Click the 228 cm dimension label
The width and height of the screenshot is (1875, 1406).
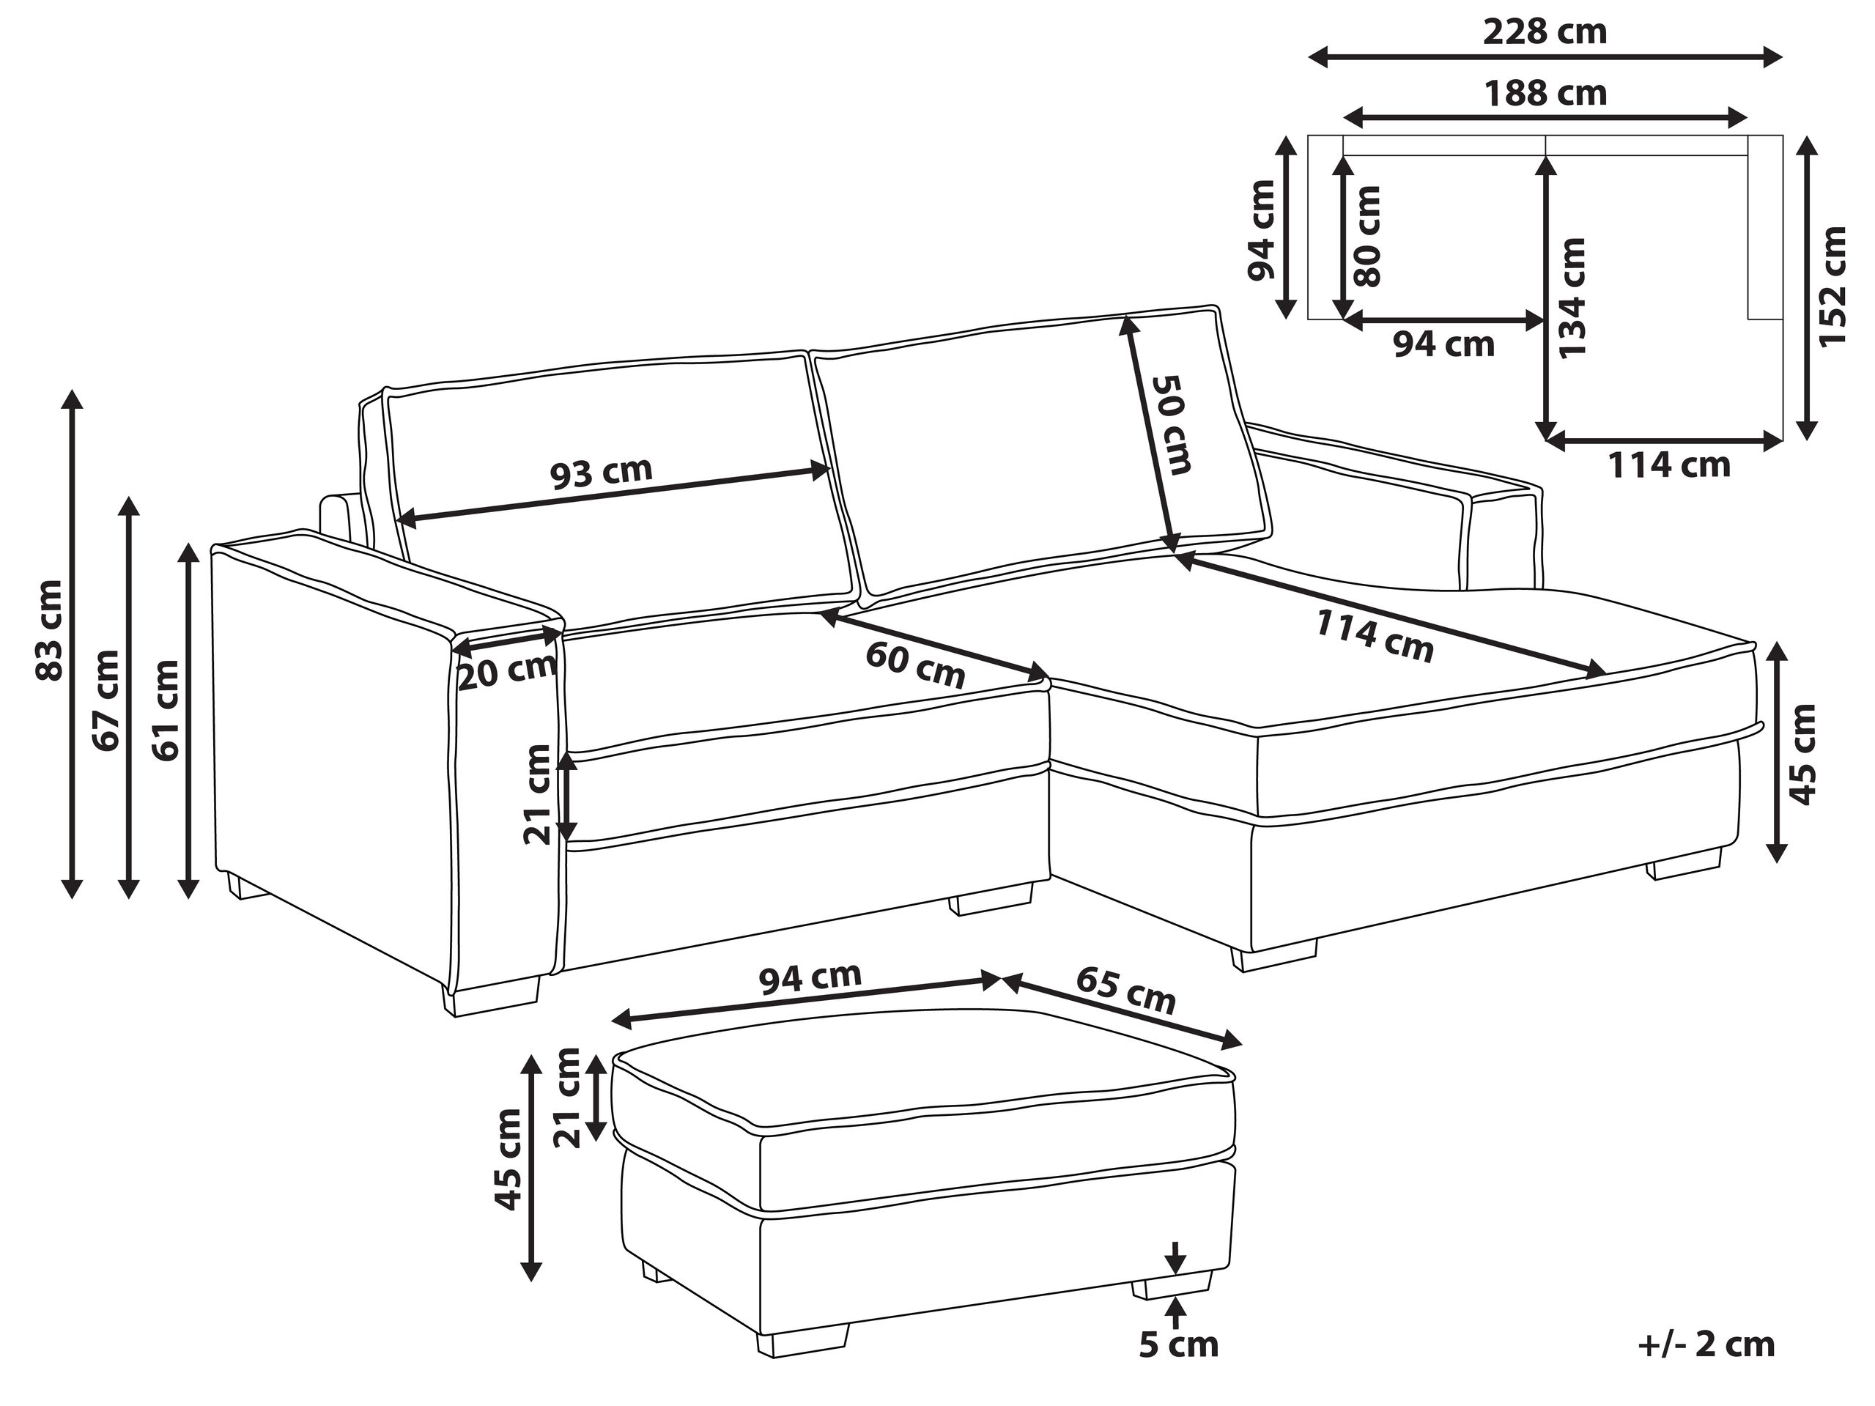pyautogui.click(x=1545, y=32)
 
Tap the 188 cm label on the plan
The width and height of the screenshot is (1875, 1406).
pyautogui.click(x=1545, y=94)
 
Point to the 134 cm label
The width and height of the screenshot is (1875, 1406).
pyautogui.click(x=1571, y=297)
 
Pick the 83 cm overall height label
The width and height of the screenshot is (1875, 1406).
pyautogui.click(x=50, y=629)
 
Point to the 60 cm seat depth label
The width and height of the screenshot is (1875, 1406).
pyautogui.click(x=915, y=665)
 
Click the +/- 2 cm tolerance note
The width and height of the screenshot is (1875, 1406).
pyautogui.click(x=1706, y=1345)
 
